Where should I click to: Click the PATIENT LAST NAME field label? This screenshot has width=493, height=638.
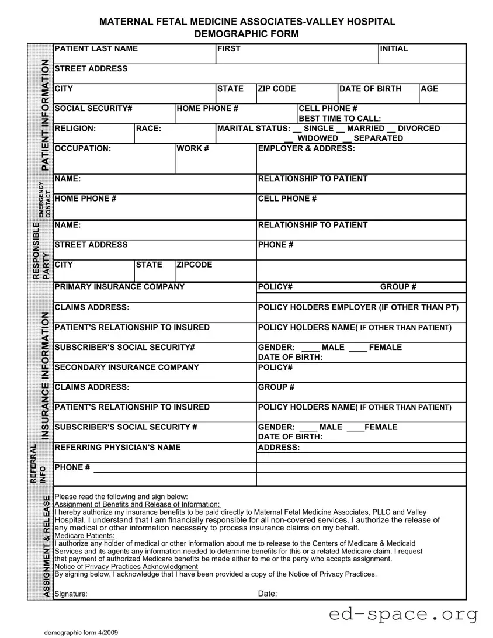(x=96, y=49)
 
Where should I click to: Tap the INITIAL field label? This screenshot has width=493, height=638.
(x=394, y=49)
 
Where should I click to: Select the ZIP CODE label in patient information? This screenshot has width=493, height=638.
(x=277, y=89)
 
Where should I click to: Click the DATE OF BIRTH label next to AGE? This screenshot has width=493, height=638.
(x=370, y=89)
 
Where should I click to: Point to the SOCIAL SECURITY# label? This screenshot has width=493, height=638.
(x=93, y=109)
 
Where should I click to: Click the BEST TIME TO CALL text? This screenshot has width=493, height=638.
(x=339, y=119)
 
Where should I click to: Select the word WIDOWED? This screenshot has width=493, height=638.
(x=318, y=138)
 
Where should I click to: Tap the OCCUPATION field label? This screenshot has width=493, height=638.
(x=82, y=148)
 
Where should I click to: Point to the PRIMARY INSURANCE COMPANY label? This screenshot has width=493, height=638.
(x=119, y=287)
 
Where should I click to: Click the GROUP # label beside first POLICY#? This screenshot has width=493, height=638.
(x=398, y=287)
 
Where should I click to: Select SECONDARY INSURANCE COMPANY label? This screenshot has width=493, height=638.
(x=126, y=367)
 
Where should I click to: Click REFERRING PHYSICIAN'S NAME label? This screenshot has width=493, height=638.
(x=117, y=448)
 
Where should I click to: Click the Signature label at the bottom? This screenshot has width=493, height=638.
(x=71, y=594)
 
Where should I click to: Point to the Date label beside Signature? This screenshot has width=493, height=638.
(x=268, y=594)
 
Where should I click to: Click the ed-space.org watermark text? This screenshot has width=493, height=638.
(x=403, y=615)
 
